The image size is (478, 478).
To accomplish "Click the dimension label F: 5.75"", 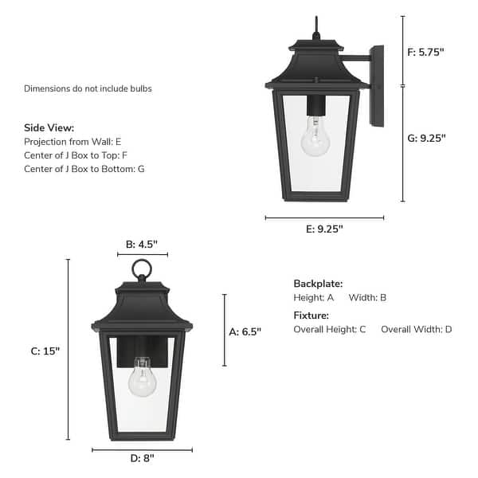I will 426,52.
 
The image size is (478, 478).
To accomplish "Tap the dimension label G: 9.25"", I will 426,138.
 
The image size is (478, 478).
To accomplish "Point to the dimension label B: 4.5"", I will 142,245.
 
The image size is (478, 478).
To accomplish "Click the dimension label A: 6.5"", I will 245,331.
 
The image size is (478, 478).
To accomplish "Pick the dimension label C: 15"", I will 45,351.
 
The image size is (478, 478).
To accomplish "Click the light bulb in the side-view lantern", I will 315,138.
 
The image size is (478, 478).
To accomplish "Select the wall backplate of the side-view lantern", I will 377,85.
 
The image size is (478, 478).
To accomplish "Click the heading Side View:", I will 49,127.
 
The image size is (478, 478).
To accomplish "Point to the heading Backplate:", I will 318,284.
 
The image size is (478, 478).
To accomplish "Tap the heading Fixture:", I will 311,315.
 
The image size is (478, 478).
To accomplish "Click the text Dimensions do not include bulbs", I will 88,88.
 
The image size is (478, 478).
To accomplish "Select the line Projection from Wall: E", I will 73,141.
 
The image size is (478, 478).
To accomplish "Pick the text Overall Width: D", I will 416,329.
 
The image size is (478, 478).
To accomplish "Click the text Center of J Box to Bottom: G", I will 84,169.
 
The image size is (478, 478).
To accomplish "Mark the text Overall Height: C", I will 330,329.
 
